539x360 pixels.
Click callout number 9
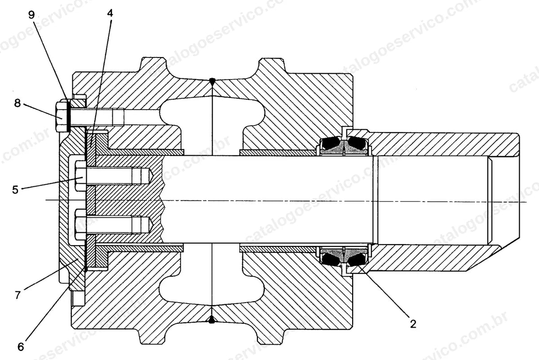coord(31,15)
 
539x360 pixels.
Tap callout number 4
coord(110,13)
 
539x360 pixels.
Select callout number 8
coord(18,103)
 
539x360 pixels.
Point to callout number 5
coord(15,190)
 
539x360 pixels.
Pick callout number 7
coord(18,295)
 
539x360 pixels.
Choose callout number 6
coord(21,347)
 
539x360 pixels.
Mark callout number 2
coord(413,324)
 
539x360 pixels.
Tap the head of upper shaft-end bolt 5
coord(80,176)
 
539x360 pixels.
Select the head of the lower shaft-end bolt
coord(80,224)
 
